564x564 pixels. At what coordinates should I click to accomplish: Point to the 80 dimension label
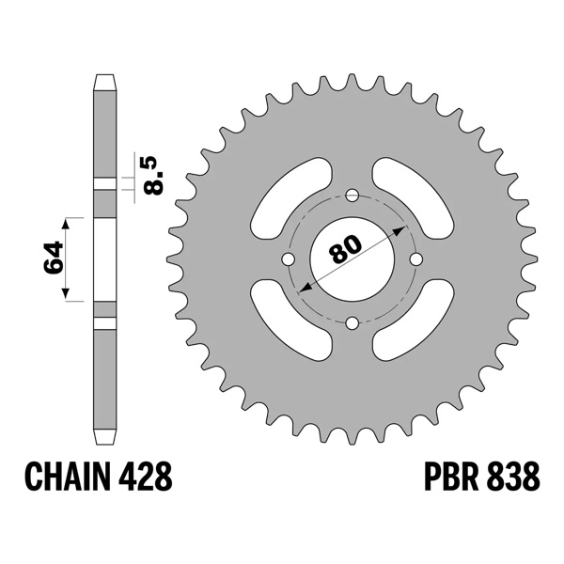point(346,250)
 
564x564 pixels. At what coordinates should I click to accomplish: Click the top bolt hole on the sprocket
point(352,196)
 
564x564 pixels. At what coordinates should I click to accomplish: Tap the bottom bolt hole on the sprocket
point(352,324)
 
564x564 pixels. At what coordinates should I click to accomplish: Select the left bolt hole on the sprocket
point(288,260)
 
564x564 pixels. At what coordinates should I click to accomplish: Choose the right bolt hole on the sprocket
point(417,260)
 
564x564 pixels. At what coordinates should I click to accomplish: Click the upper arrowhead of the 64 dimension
point(66,224)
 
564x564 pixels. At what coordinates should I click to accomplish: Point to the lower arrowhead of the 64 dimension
point(66,294)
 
